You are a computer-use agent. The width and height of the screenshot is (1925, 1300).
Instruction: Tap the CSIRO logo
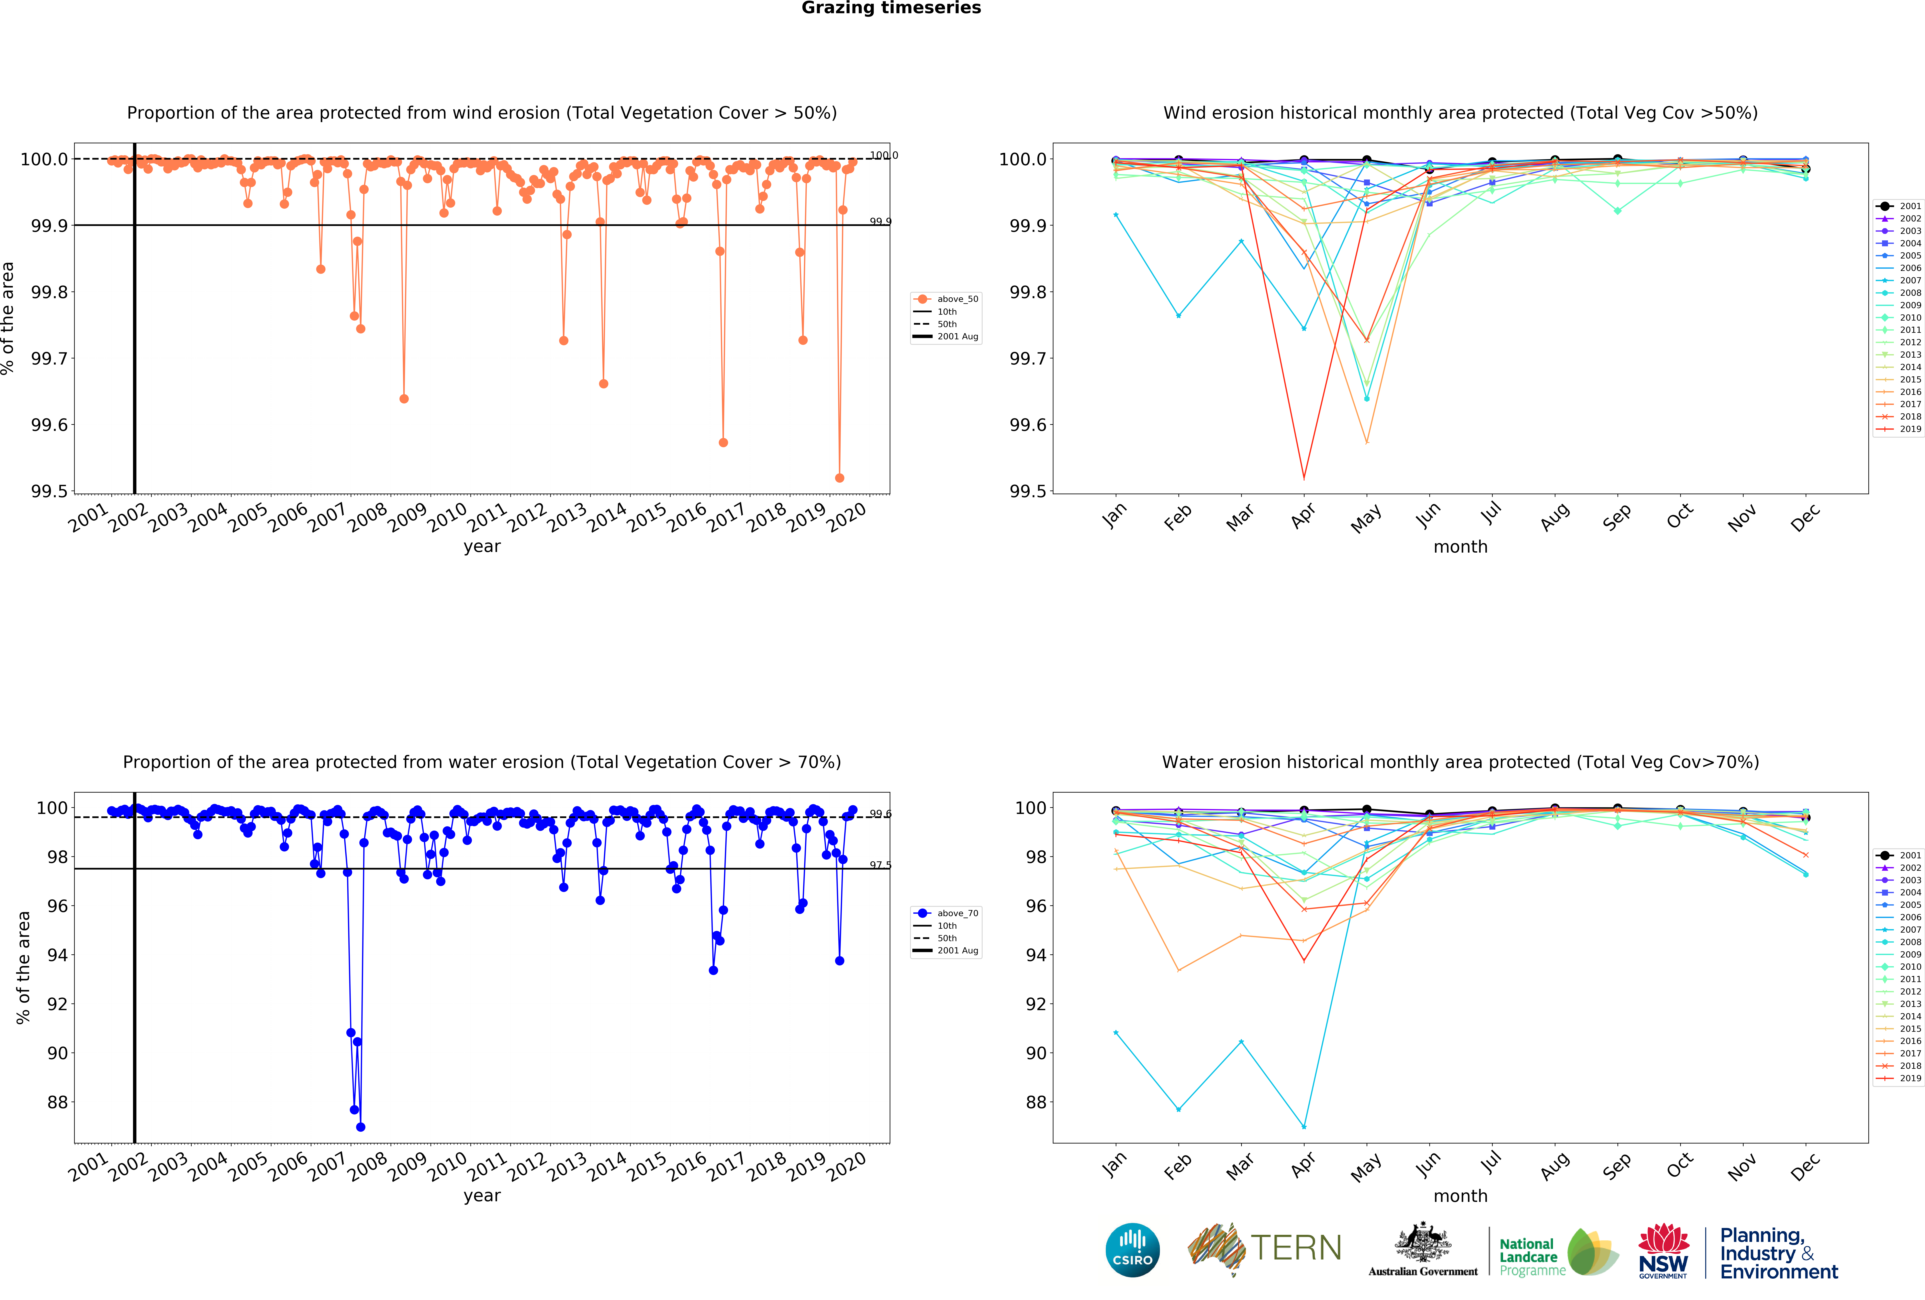(x=1132, y=1250)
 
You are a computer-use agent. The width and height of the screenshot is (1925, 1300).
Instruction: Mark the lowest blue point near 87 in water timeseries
(x=360, y=1127)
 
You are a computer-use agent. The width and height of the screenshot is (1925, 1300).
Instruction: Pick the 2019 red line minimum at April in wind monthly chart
(x=1304, y=478)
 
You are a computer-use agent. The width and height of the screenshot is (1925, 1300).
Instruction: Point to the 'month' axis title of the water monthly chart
(x=1460, y=1196)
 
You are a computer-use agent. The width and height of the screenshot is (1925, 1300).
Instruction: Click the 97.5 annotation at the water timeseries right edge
(x=880, y=865)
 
